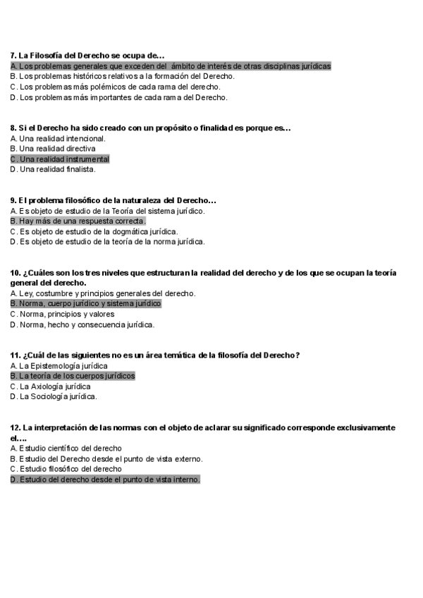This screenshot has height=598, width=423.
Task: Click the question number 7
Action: click(13, 55)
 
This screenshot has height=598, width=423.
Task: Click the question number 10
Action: click(16, 273)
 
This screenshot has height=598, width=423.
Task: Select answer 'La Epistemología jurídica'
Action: click(59, 366)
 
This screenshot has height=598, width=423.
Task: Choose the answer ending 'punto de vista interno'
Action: click(106, 480)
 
